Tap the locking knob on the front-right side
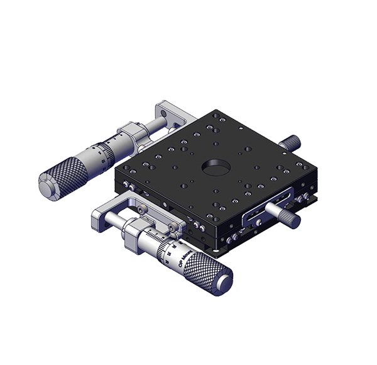(287, 213)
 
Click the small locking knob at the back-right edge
(293, 140)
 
